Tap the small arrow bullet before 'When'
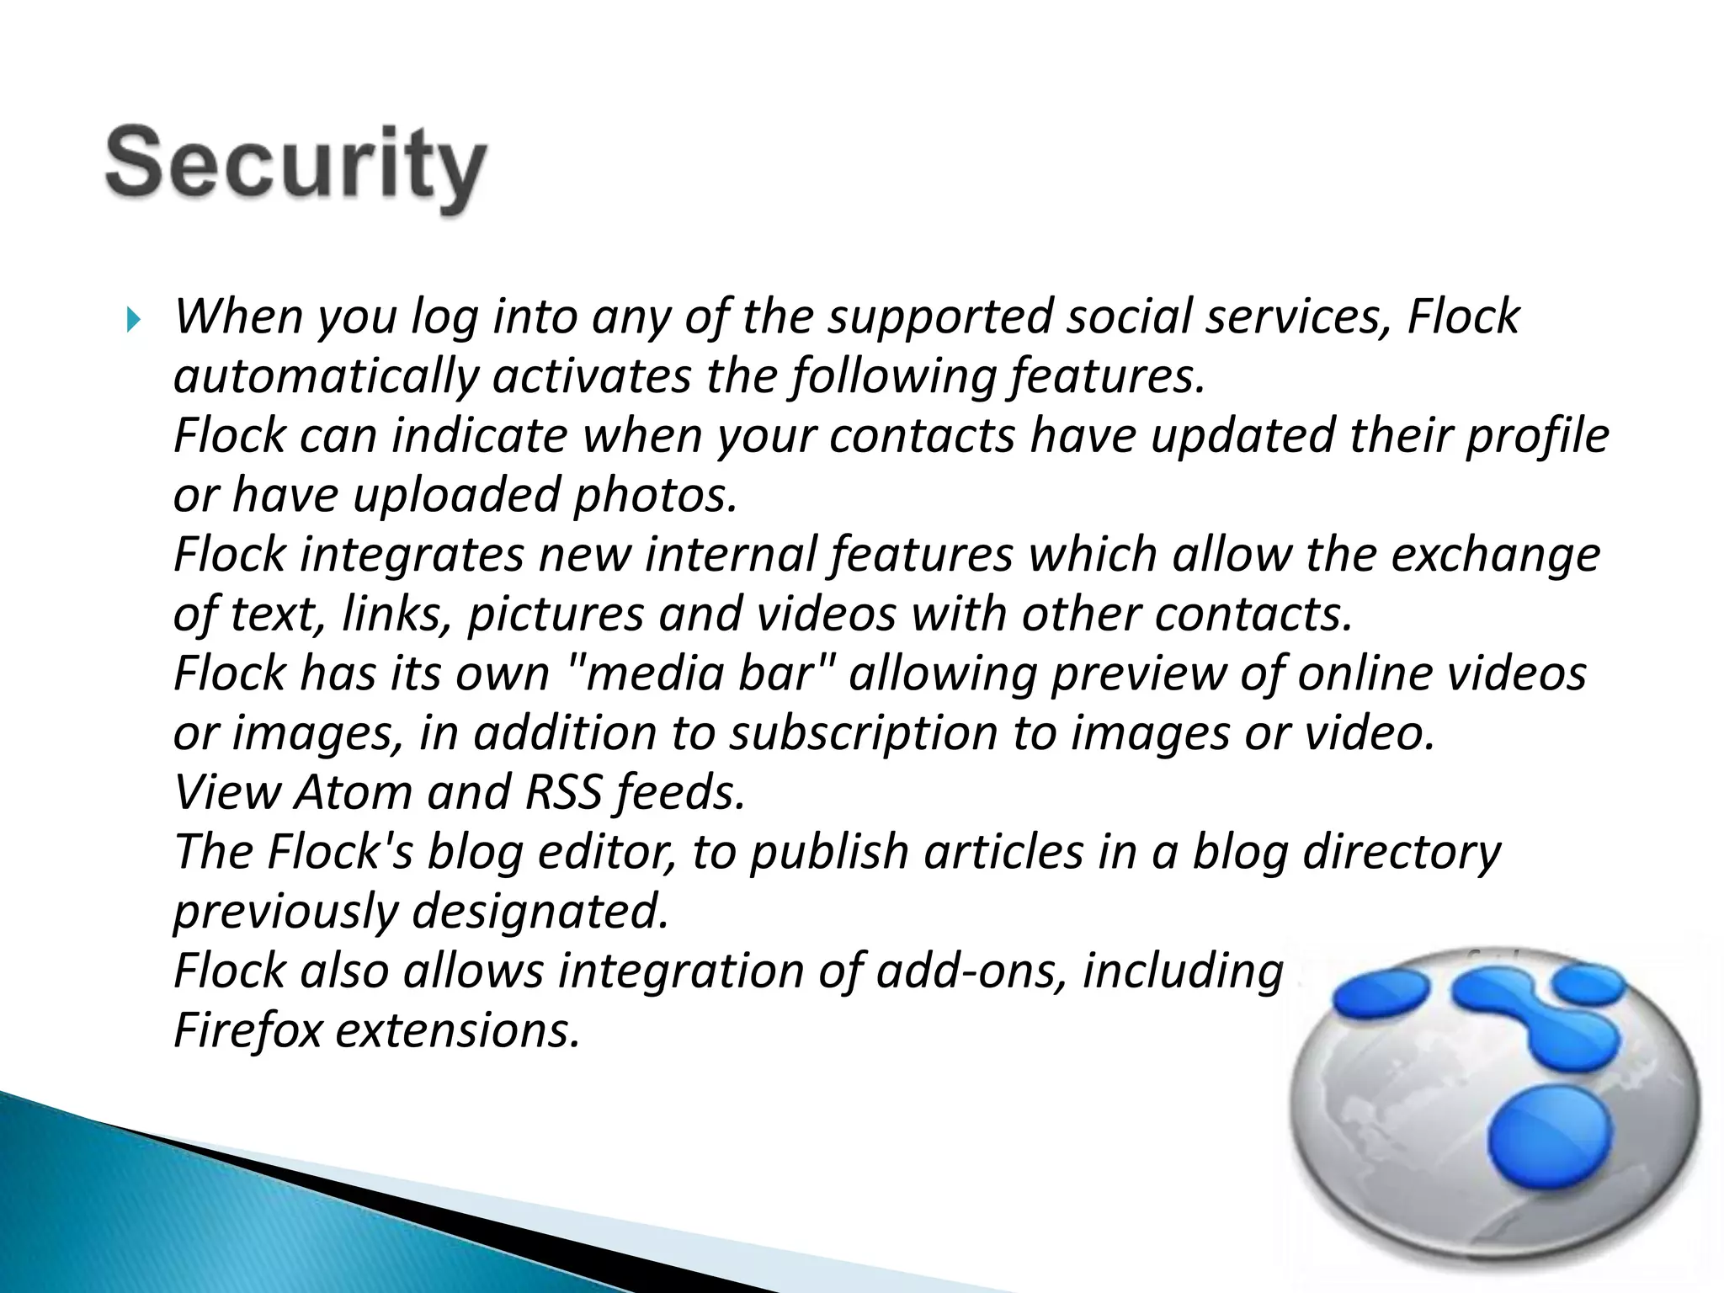[132, 320]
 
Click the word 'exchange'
[1495, 556]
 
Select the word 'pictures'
[556, 615]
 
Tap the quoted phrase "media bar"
[702, 673]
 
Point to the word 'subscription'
[863, 733]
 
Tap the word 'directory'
[1402, 852]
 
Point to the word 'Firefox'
[247, 1030]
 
